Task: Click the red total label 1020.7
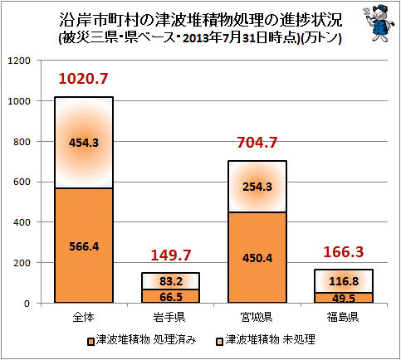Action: click(x=83, y=79)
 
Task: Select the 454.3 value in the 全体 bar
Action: click(x=84, y=143)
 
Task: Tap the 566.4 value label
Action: click(x=84, y=246)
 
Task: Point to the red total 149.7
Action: click(x=171, y=255)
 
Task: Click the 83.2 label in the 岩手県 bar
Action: click(x=171, y=281)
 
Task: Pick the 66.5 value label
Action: click(x=171, y=297)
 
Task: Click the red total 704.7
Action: click(x=257, y=143)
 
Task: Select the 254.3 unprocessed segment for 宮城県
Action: click(x=257, y=187)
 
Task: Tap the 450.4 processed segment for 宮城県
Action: click(x=257, y=257)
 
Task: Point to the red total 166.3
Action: click(x=344, y=252)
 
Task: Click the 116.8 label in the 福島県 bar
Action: click(x=344, y=281)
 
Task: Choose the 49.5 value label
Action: click(x=344, y=298)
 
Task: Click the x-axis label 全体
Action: click(x=83, y=317)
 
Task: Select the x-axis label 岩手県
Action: click(x=169, y=317)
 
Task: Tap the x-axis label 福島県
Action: click(x=343, y=317)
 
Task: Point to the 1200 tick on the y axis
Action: click(x=19, y=61)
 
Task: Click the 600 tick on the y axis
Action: click(x=22, y=182)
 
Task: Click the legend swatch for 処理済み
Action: click(x=90, y=342)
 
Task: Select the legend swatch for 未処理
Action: click(x=220, y=342)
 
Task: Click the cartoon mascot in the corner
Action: click(x=379, y=23)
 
